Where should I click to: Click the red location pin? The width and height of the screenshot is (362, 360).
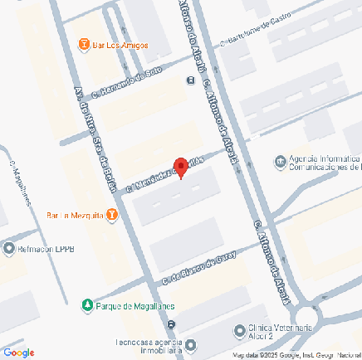pos(180,165)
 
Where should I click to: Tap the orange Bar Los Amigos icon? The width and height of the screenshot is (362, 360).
pos(82,43)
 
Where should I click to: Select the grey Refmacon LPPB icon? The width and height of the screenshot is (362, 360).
pos(9,248)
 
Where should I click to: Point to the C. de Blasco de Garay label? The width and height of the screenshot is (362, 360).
pos(199,268)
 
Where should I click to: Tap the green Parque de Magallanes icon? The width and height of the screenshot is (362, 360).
pos(88,305)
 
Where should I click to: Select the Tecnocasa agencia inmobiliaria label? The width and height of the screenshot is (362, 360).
pos(148,346)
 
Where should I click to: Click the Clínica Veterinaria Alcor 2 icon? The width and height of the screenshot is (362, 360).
pos(241,329)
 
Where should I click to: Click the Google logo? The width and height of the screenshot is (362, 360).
pos(18,353)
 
